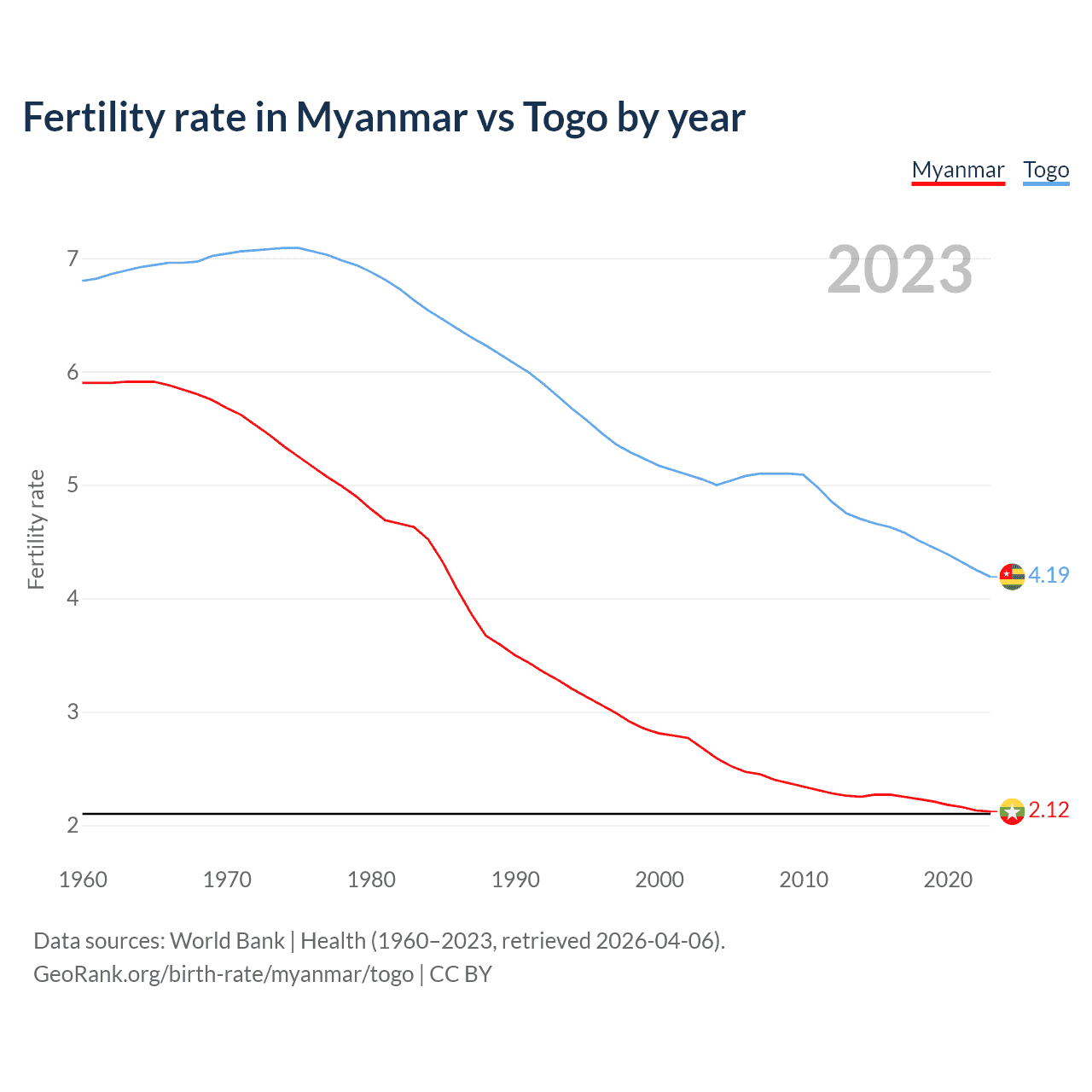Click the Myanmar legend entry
click(x=958, y=170)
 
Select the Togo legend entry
click(x=1046, y=170)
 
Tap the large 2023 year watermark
click(x=899, y=270)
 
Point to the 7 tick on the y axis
click(x=73, y=258)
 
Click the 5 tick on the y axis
click(x=73, y=485)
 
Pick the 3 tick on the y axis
click(x=73, y=712)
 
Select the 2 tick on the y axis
click(x=73, y=825)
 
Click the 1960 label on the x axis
click(x=83, y=880)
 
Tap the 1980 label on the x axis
click(x=371, y=880)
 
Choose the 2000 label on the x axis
click(x=659, y=880)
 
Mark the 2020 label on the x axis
click(x=948, y=880)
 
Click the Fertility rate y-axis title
click(x=36, y=529)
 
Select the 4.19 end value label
click(x=1048, y=575)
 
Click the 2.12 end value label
click(x=1048, y=810)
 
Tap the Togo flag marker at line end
click(x=1012, y=577)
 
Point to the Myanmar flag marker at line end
click(x=1012, y=811)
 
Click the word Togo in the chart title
click(x=563, y=118)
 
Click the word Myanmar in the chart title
click(x=381, y=118)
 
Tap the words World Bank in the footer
click(x=227, y=941)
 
